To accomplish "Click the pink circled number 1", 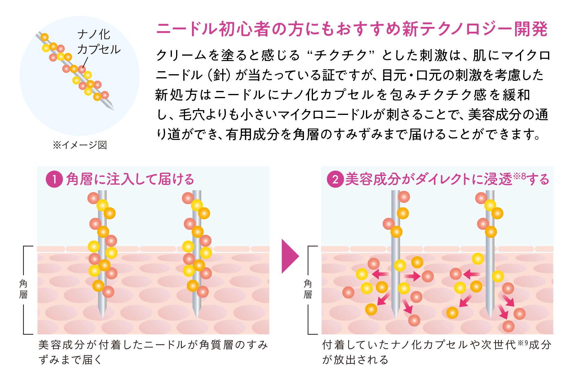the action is click(x=54, y=180).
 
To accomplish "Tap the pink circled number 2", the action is click(x=335, y=180).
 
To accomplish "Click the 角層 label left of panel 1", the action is click(x=23, y=289).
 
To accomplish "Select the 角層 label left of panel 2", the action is click(x=308, y=289).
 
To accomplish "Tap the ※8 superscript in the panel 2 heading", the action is click(x=520, y=176).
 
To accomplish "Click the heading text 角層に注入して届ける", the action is click(x=130, y=180).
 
